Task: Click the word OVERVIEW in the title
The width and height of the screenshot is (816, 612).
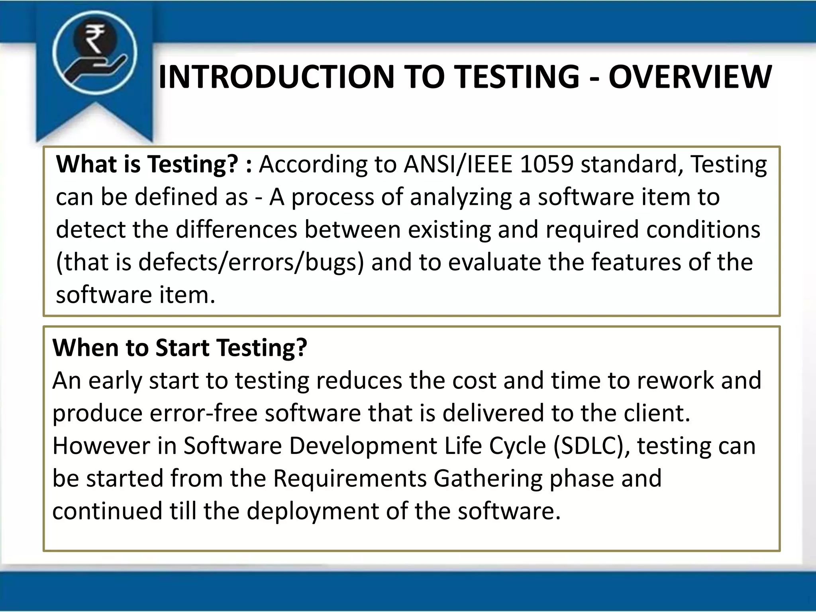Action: [x=690, y=77]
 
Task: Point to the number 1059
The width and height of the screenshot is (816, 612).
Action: [x=547, y=164]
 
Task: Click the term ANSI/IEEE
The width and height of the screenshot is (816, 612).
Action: [x=458, y=164]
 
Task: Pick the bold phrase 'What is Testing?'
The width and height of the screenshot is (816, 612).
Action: [x=147, y=164]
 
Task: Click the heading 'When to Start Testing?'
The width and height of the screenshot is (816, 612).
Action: [x=180, y=347]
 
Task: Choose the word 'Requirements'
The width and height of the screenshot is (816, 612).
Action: [x=350, y=478]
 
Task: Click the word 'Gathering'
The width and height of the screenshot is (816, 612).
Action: [x=488, y=478]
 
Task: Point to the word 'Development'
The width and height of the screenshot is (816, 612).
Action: [x=363, y=445]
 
